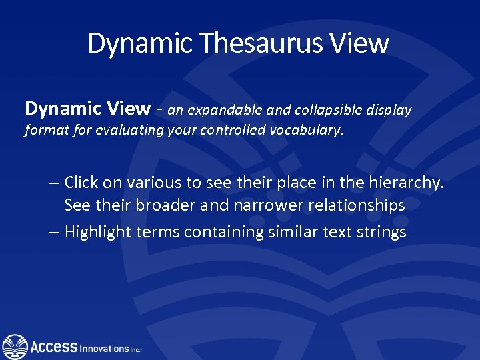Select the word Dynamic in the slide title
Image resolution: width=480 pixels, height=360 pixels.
point(140,44)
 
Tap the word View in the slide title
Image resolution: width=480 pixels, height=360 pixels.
point(362,44)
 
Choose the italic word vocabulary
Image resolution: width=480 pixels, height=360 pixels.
point(306,131)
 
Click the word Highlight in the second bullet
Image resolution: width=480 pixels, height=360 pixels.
point(98,232)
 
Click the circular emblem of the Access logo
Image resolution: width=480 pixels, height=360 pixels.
point(15,347)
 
